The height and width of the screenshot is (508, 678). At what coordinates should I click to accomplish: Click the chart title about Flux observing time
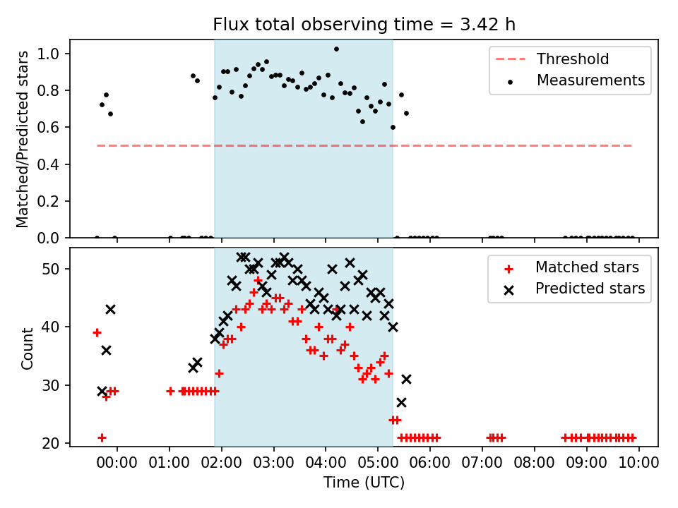364,25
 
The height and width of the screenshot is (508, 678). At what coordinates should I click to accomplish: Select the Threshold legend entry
572,59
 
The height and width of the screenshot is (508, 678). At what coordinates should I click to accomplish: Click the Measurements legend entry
590,80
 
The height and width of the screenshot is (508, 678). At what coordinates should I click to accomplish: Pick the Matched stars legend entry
587,267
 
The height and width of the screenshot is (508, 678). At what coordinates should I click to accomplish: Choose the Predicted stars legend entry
590,289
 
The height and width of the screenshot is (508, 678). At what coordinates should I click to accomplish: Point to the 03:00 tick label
273,462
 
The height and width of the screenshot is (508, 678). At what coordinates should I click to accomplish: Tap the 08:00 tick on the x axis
535,462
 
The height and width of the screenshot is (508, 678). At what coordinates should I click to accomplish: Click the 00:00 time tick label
117,462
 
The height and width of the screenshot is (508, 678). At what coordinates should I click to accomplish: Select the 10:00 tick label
639,462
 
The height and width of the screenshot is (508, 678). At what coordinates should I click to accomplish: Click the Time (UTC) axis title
364,483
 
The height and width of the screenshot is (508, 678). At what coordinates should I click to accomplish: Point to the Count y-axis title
28,348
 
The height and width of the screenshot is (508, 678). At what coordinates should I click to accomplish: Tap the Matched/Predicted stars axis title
23,139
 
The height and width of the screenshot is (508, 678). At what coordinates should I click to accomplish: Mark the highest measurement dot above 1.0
336,49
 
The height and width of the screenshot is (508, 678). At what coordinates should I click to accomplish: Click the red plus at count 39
97,332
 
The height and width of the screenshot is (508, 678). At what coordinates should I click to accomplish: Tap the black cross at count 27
401,402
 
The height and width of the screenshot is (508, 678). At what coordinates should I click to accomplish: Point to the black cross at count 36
106,350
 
